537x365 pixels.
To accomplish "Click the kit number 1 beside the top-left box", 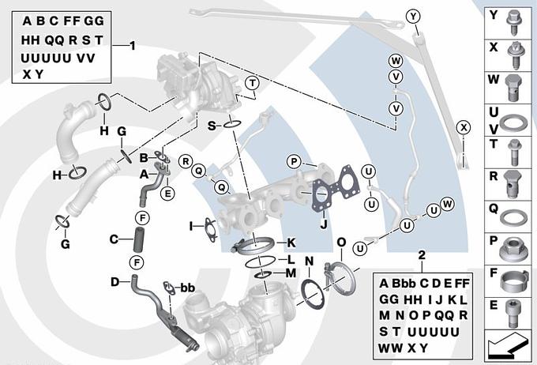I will click(x=133, y=46).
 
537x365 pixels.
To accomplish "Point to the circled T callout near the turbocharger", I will click(x=252, y=83).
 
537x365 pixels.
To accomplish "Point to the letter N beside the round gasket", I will click(x=309, y=260).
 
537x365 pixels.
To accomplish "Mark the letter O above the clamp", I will click(x=340, y=242).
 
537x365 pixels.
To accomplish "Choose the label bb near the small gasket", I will click(x=188, y=288).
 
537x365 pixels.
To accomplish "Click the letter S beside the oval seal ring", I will click(x=212, y=125).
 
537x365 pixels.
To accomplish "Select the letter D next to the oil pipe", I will click(x=115, y=281).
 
